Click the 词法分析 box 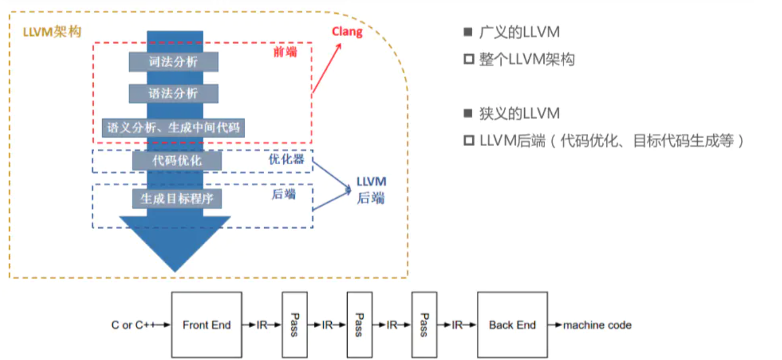(x=173, y=62)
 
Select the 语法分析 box (x=173, y=94)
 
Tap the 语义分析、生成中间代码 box (x=173, y=128)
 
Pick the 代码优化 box (x=177, y=161)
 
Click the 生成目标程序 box (x=177, y=199)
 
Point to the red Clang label (x=347, y=32)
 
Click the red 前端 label (x=285, y=52)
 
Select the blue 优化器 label (x=286, y=159)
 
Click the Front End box (x=207, y=324)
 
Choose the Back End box (x=512, y=324)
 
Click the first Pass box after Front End (x=294, y=324)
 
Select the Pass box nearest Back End (x=424, y=324)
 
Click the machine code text (x=597, y=325)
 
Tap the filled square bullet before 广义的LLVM (x=468, y=32)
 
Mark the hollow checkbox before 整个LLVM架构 (x=468, y=59)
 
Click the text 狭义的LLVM (x=519, y=113)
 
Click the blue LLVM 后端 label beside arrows (x=371, y=190)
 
